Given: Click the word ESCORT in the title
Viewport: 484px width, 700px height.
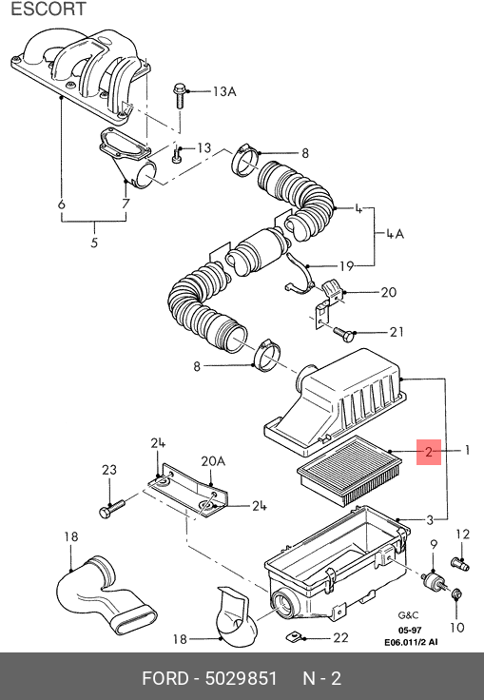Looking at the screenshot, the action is [48, 9].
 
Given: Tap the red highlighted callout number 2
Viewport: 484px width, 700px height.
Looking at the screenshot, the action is [429, 452].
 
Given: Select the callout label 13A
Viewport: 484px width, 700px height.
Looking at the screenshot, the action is [224, 91].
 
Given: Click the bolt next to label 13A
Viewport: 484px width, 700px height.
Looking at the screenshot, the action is [179, 95].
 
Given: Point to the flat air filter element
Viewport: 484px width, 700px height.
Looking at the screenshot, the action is [350, 471].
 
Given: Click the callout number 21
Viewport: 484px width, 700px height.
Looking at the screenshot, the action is [397, 332].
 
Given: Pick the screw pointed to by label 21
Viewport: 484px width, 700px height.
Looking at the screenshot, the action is [343, 334].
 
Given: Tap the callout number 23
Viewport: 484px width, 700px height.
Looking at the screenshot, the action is [109, 470].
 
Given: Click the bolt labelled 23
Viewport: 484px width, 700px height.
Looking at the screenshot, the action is [111, 509].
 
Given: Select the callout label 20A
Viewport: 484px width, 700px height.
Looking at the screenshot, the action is [213, 461].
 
